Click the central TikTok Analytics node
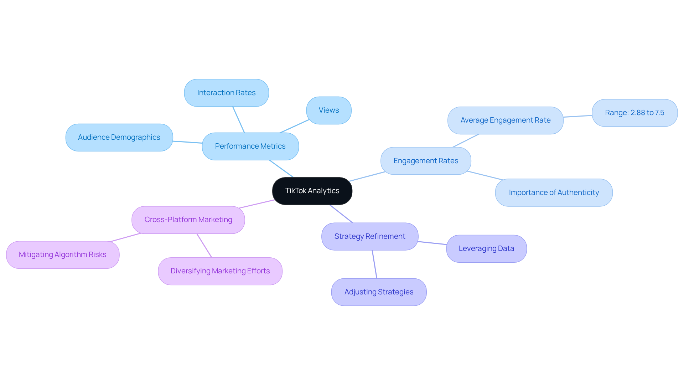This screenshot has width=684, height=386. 312,191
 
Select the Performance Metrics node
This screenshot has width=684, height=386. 250,146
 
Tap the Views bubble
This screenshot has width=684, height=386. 328,110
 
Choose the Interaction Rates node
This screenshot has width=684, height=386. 226,93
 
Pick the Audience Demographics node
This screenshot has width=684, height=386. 119,138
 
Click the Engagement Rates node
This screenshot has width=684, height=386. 426,161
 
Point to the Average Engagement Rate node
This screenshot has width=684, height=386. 505,120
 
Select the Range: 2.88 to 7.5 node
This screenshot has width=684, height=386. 634,113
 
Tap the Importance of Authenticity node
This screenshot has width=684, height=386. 554,193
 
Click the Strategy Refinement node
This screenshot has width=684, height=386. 369,237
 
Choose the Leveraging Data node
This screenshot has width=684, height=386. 486,249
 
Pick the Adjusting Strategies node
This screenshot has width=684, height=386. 379,292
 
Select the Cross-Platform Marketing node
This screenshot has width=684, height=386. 188,220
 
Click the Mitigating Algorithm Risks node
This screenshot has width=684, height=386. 63,255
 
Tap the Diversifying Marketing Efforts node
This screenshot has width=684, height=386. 220,271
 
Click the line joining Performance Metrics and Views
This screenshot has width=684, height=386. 295,126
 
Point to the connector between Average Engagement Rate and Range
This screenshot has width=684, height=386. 577,116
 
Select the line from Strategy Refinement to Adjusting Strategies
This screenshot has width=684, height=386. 374,264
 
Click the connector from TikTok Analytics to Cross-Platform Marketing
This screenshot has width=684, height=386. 256,204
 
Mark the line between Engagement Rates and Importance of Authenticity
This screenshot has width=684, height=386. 484,176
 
